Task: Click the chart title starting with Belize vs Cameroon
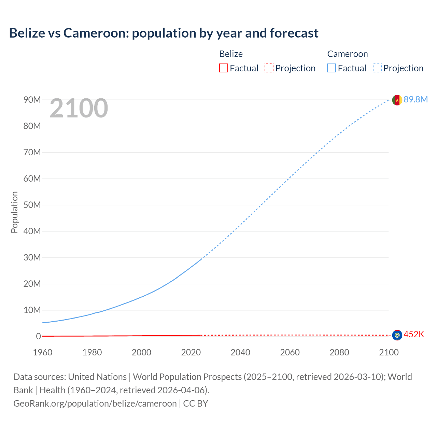pyautogui.click(x=164, y=33)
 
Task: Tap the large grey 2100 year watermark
pyautogui.click(x=79, y=108)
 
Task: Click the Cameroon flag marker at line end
pyautogui.click(x=397, y=100)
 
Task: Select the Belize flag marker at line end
pyautogui.click(x=397, y=335)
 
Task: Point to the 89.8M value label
pyautogui.click(x=415, y=99)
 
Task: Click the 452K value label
pyautogui.click(x=414, y=335)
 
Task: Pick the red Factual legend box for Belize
pyautogui.click(x=224, y=68)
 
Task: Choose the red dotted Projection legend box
pyautogui.click(x=269, y=68)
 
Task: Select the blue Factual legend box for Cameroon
pyautogui.click(x=332, y=68)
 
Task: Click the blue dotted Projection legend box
pyautogui.click(x=377, y=68)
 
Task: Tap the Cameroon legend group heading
pyautogui.click(x=347, y=54)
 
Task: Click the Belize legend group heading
pyautogui.click(x=231, y=54)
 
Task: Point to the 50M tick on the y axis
pyautogui.click(x=32, y=205)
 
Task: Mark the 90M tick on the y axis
pyautogui.click(x=32, y=100)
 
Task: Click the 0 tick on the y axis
pyautogui.click(x=38, y=336)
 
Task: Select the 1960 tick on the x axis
pyautogui.click(x=43, y=352)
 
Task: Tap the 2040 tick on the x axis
pyautogui.click(x=240, y=352)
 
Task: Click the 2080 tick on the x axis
pyautogui.click(x=339, y=352)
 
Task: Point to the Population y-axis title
pyautogui.click(x=14, y=212)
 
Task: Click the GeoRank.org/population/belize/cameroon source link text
pyautogui.click(x=95, y=404)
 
